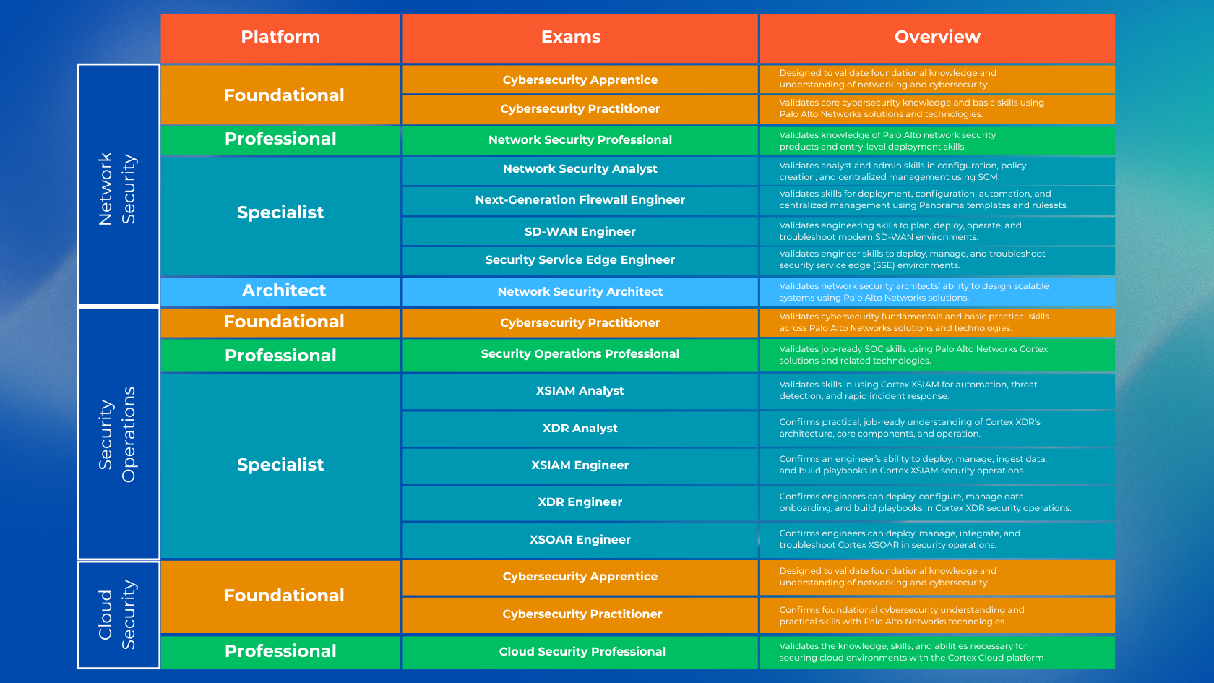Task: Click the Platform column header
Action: tap(280, 38)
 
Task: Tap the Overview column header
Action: tap(937, 38)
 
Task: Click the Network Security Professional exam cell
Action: tap(580, 140)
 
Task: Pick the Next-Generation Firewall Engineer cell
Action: tap(580, 200)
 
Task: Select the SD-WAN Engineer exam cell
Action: tap(580, 231)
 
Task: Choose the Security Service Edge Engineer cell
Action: tap(580, 260)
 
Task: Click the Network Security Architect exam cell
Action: tap(580, 292)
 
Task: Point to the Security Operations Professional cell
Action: tap(580, 354)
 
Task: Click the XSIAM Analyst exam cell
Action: tap(580, 391)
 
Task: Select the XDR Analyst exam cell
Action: tap(580, 429)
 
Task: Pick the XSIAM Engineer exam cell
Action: tap(580, 465)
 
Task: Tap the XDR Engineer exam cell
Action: tap(580, 502)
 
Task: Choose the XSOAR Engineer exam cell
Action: tap(580, 540)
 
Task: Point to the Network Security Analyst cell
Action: tap(580, 169)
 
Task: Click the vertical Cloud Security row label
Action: tap(118, 615)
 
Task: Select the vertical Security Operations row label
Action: tap(118, 434)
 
